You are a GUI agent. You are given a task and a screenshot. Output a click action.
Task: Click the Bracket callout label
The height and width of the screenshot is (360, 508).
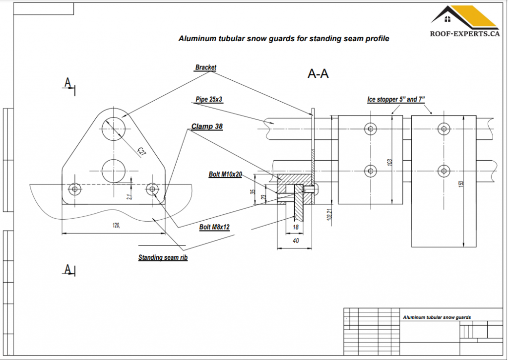(205, 67)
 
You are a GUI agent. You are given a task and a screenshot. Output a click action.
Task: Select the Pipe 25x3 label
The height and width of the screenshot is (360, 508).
(209, 99)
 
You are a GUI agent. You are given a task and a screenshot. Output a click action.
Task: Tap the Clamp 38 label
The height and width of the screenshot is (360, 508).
(207, 126)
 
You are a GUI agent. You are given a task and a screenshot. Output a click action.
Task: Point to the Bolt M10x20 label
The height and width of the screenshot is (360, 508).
(225, 174)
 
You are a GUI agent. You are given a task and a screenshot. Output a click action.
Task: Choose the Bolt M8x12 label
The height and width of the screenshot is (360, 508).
(214, 227)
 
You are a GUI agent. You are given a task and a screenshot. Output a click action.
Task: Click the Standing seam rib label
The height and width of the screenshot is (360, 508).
(163, 257)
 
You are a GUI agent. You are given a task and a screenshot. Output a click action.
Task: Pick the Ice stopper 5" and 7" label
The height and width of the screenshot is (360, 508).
(396, 99)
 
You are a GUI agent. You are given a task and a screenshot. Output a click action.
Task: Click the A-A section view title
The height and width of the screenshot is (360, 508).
(318, 74)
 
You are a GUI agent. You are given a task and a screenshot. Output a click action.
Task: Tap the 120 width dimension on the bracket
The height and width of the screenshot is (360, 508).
(116, 225)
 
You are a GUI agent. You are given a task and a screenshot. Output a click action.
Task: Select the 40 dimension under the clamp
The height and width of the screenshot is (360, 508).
(296, 241)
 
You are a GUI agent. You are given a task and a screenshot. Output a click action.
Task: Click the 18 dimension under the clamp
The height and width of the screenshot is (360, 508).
(296, 227)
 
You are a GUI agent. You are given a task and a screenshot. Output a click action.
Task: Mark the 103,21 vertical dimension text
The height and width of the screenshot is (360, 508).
(329, 214)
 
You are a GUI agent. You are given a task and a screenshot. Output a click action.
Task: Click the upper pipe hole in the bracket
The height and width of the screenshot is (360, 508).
(114, 128)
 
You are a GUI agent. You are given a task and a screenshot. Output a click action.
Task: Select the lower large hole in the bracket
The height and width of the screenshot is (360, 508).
(114, 171)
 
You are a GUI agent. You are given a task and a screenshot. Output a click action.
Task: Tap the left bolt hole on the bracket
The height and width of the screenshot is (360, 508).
(75, 189)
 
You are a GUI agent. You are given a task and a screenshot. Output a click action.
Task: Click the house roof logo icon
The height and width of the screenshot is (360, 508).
(464, 17)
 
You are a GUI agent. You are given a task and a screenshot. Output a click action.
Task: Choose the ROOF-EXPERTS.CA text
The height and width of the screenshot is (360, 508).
(465, 34)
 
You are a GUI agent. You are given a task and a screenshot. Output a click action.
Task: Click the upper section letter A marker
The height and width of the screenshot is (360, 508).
(67, 83)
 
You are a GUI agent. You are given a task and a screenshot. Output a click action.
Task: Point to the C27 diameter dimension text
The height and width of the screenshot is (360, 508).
(142, 152)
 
